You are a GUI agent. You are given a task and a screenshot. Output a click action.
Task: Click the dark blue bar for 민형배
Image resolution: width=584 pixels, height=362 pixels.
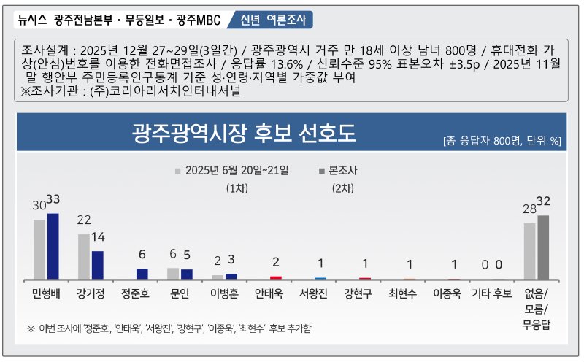[53, 246]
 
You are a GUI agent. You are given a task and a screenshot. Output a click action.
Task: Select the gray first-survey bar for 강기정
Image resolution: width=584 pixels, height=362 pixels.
[84, 256]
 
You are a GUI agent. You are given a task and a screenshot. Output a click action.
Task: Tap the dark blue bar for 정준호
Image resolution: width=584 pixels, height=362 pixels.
[142, 274]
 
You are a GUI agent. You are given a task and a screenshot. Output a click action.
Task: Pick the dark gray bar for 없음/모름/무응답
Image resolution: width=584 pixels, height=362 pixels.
[543, 247]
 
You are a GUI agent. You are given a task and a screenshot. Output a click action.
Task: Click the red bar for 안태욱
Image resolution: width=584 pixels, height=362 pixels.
[276, 277]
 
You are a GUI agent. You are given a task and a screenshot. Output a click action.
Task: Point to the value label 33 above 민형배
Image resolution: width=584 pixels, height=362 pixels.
[53, 200]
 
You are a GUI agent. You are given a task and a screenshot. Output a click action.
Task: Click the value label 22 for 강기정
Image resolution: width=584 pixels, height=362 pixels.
[83, 220]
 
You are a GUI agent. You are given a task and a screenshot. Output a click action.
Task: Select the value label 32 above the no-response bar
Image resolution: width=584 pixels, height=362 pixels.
[543, 201]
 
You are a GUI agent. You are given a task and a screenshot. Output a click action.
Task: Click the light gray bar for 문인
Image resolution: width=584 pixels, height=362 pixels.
[173, 273]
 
